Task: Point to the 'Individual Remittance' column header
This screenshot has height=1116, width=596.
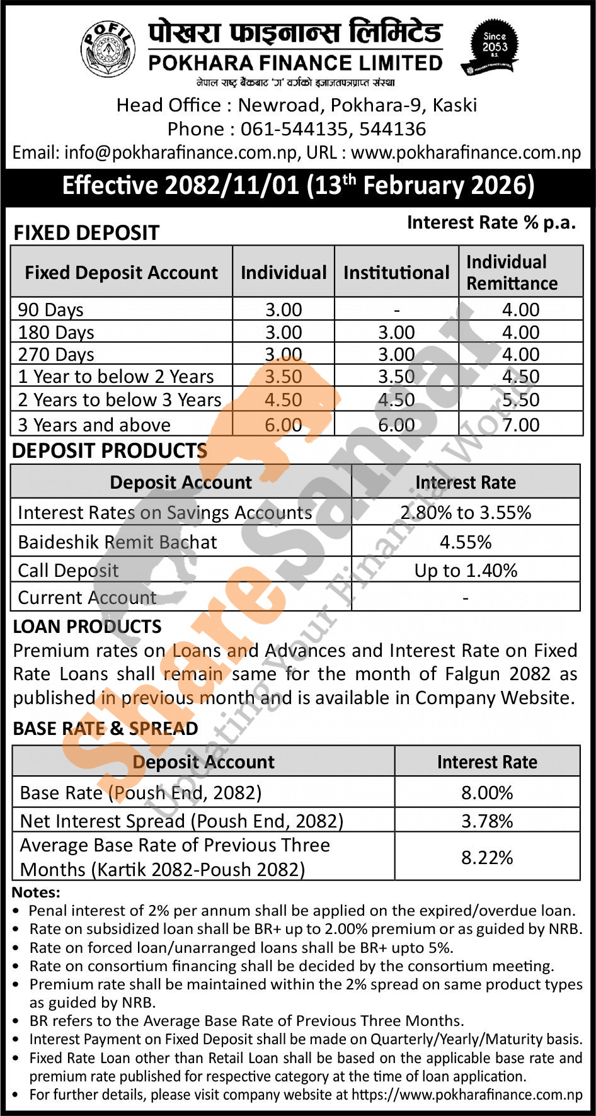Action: [512, 272]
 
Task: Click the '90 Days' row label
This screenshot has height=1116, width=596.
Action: [50, 310]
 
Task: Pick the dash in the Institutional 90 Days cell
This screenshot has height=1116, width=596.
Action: [396, 310]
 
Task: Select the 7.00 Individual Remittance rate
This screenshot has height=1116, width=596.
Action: [520, 425]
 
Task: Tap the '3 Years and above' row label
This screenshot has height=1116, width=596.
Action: [94, 425]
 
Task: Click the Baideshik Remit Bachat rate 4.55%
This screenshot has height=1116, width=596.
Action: [466, 542]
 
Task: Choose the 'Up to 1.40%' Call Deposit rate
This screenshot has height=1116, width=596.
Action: [466, 571]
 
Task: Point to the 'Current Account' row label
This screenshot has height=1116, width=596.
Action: [87, 598]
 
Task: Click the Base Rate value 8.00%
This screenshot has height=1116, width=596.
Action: [487, 792]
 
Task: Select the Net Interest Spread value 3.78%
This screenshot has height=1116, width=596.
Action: [487, 821]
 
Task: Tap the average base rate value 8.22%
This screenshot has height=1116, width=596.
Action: [487, 858]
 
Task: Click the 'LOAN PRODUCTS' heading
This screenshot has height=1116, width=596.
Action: [87, 627]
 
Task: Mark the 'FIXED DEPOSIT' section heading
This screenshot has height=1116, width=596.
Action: [86, 233]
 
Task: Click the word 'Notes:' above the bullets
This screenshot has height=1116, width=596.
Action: [36, 892]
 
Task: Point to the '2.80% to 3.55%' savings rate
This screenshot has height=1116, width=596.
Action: [466, 513]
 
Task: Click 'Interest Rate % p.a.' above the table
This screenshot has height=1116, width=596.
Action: [491, 222]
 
